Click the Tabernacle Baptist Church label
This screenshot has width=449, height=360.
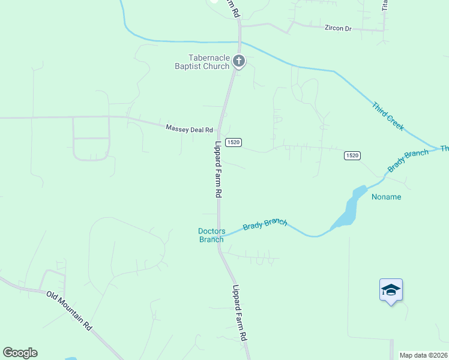click(x=202, y=62)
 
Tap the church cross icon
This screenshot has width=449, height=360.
click(x=239, y=61)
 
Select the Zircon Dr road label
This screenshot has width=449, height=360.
click(x=337, y=28)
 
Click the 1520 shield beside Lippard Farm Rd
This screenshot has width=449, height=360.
click(x=234, y=142)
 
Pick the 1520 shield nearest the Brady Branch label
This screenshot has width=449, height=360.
click(x=352, y=155)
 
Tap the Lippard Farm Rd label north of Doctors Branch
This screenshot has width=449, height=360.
click(x=218, y=170)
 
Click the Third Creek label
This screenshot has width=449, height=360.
click(x=387, y=116)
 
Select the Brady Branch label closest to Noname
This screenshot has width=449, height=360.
click(x=408, y=161)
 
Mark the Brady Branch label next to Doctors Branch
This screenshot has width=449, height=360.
click(x=265, y=224)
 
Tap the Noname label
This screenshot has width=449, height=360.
click(x=386, y=197)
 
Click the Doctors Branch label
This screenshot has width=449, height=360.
click(x=211, y=235)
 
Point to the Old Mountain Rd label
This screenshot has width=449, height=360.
click(x=71, y=310)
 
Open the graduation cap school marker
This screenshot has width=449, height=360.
click(x=391, y=290)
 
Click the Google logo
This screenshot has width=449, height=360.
click(x=20, y=353)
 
